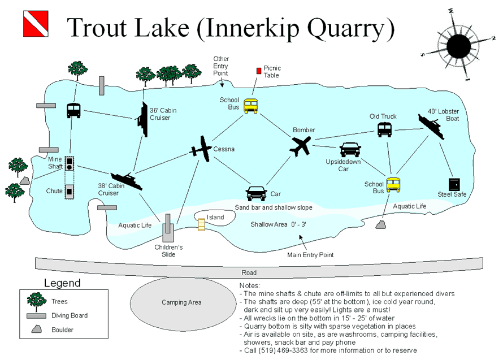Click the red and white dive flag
[36, 24]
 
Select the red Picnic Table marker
[259, 71]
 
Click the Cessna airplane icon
[201, 150]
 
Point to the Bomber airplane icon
[301, 146]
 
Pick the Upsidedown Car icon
[350, 149]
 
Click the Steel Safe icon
[454, 185]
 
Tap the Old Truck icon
[384, 130]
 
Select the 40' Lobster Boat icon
[431, 126]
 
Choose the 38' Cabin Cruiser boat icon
[127, 181]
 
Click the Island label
[215, 218]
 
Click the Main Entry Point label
[310, 255]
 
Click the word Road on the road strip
[249, 273]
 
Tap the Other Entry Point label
[221, 66]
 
